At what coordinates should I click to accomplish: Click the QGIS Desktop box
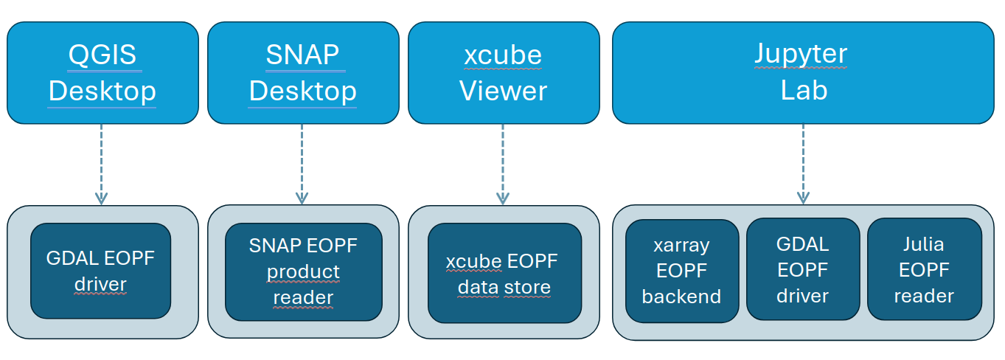[x=102, y=72]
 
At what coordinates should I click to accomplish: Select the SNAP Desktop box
[x=302, y=72]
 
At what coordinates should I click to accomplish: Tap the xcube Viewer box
[x=503, y=72]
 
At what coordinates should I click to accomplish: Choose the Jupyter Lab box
[x=803, y=72]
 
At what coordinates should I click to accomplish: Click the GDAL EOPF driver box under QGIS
[x=101, y=271]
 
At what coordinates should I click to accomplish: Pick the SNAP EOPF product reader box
[x=303, y=271]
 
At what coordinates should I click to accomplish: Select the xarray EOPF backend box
[x=682, y=271]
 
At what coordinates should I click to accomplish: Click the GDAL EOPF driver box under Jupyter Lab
[x=803, y=270]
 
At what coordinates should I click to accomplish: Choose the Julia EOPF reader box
[x=925, y=270]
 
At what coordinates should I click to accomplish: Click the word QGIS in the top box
[x=102, y=55]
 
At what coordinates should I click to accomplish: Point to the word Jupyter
[x=801, y=55]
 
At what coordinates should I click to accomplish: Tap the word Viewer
[x=503, y=91]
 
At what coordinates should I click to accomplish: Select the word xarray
[x=681, y=245]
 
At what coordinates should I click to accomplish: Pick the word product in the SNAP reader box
[x=303, y=271]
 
